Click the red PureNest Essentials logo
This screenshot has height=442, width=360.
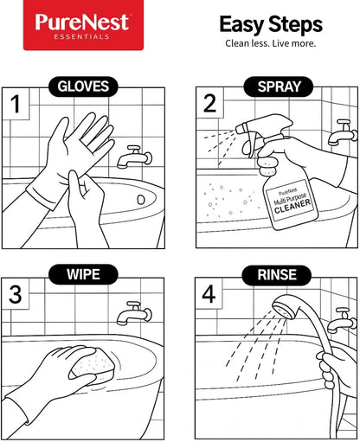pos(83,25)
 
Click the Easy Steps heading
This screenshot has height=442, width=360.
pos(270,23)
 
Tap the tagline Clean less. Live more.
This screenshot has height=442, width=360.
pos(270,43)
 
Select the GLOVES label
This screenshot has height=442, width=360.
pos(83,86)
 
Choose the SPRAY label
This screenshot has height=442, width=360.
pos(273,86)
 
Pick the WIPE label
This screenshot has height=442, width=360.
pos(83,276)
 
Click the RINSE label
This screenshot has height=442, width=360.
pos(273,276)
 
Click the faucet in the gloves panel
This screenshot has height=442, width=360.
pos(136,157)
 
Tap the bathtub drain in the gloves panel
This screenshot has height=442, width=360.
pos(139,199)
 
